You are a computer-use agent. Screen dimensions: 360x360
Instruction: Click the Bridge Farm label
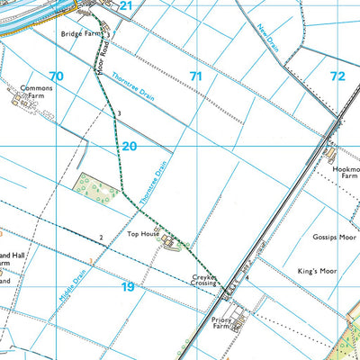click(79, 33)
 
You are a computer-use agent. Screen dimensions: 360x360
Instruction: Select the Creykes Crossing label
click(204, 281)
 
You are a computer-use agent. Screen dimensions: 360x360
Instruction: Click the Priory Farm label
click(222, 323)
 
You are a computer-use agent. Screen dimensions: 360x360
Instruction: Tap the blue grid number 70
click(57, 76)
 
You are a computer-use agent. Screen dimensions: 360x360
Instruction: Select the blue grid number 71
click(195, 76)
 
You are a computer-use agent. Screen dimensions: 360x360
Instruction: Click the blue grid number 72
click(337, 76)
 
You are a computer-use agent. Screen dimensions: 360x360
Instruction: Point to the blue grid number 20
click(129, 146)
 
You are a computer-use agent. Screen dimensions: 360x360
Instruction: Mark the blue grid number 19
click(128, 286)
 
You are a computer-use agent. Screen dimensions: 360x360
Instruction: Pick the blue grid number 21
click(126, 6)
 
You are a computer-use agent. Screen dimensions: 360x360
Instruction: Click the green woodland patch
click(97, 187)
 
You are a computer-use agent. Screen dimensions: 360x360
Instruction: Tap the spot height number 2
click(102, 238)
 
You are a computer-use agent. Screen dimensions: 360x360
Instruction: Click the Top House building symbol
click(166, 238)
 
